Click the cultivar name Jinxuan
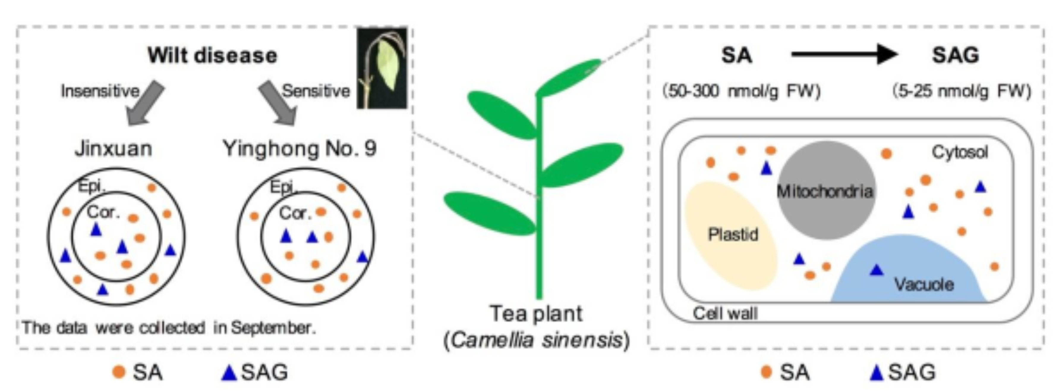tap(114, 148)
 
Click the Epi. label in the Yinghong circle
tap(283, 187)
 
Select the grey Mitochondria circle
tap(826, 190)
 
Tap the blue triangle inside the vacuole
tap(877, 270)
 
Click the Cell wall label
tap(725, 314)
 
